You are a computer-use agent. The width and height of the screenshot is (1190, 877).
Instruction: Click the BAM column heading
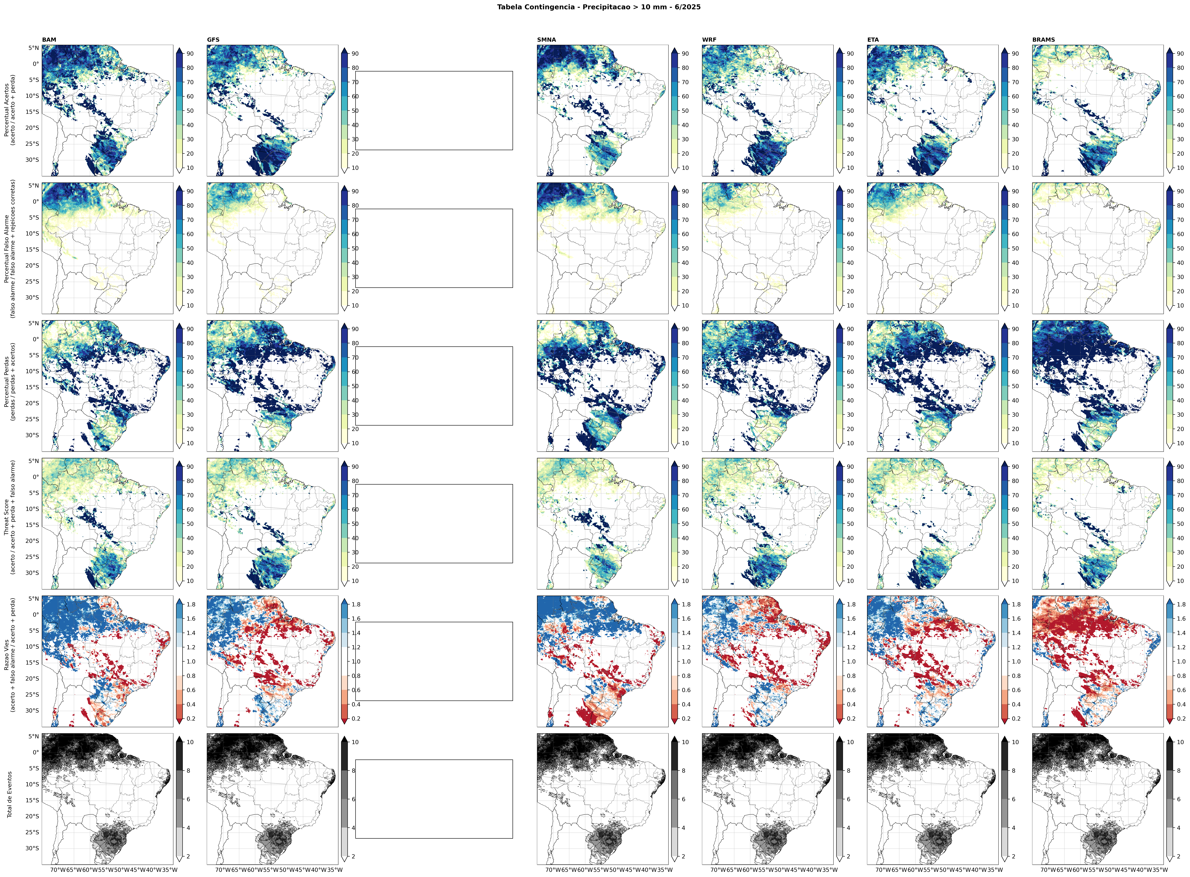(x=49, y=40)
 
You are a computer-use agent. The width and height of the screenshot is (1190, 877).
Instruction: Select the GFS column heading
(x=213, y=40)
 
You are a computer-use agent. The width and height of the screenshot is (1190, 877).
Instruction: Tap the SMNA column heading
(x=546, y=40)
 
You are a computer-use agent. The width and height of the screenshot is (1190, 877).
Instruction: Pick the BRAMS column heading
(x=1043, y=40)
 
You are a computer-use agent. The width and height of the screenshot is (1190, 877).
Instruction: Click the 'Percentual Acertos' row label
(x=10, y=110)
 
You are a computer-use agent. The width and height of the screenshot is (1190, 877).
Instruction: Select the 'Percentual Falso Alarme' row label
(x=10, y=248)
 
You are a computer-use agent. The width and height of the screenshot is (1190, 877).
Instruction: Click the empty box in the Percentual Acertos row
(x=434, y=110)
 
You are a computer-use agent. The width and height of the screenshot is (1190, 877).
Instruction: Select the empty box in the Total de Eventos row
(x=434, y=799)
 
